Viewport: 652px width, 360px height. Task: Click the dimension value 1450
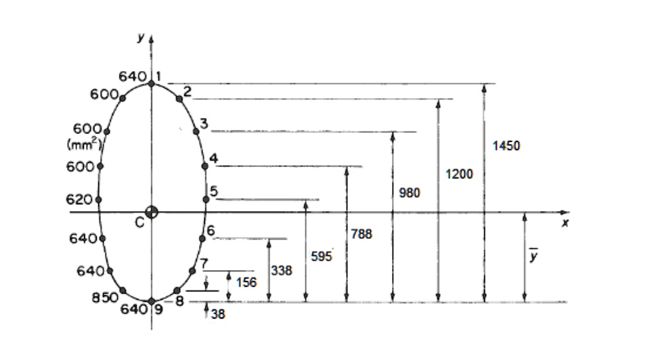506,146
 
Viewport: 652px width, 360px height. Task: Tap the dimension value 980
409,194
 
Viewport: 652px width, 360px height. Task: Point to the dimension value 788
362,234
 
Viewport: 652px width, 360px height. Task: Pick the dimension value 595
321,256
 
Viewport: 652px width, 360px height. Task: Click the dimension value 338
282,271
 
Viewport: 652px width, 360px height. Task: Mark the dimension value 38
217,314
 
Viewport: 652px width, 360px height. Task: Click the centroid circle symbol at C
152,212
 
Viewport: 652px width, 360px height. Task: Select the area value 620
79,200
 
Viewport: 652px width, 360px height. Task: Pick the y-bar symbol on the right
534,258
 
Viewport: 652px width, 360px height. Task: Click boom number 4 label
213,158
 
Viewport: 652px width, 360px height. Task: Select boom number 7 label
204,263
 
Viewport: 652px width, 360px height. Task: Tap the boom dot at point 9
152,301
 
